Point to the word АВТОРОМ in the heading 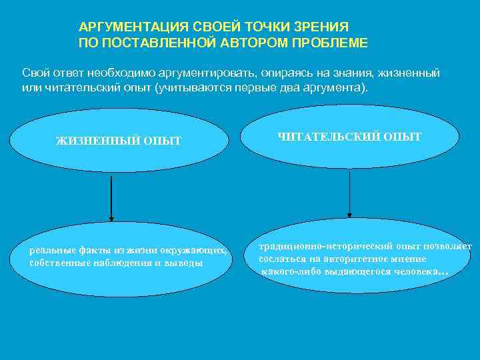coord(253,43)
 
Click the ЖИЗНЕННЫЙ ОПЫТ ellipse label coord(119,141)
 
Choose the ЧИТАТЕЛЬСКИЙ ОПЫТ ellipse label coord(349,137)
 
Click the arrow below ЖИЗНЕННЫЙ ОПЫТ coord(111,197)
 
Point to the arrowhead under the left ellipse coord(111,217)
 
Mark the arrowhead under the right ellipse coord(349,213)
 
